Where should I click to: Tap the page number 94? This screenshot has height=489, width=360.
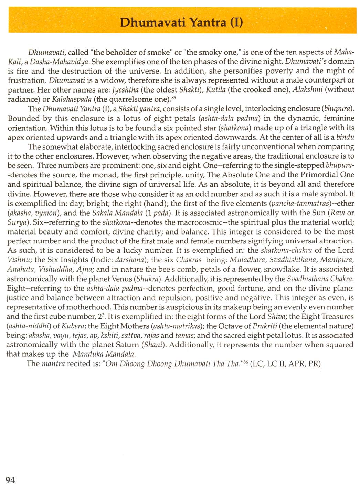[x=11, y=480]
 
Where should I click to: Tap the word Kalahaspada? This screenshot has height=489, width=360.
[x=72, y=100]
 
